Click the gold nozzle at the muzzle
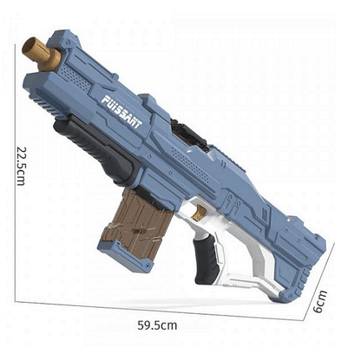pyautogui.click(x=41, y=54)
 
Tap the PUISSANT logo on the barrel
pyautogui.click(x=121, y=112)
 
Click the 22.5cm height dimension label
pyautogui.click(x=21, y=166)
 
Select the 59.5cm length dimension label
pyautogui.click(x=157, y=325)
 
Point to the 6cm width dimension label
pyautogui.click(x=320, y=301)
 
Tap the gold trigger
pyautogui.click(x=200, y=213)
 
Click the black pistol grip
pyautogui.click(x=206, y=258)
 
